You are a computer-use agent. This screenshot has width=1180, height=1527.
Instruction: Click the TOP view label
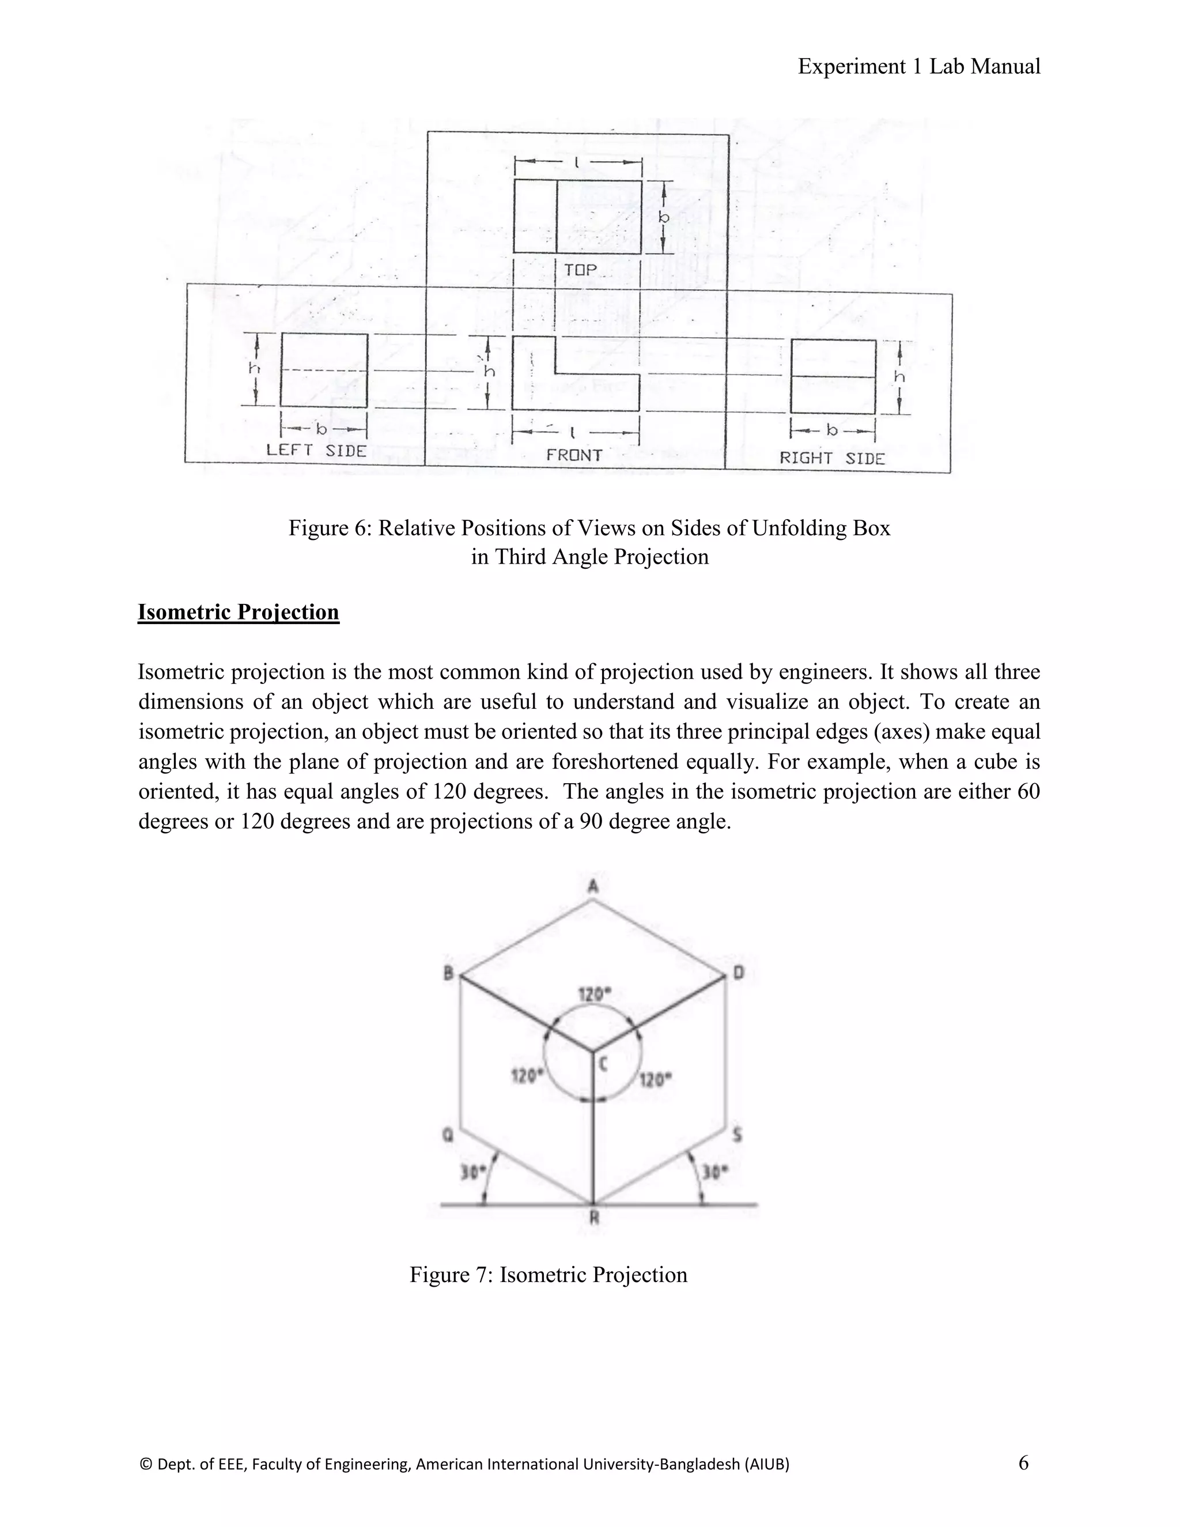(x=580, y=270)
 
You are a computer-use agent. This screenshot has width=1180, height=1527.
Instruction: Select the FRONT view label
(x=574, y=455)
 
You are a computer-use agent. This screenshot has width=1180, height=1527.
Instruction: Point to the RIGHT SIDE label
(x=832, y=459)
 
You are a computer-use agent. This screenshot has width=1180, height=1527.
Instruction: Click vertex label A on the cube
(x=593, y=887)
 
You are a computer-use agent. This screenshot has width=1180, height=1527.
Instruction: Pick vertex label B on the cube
(x=449, y=973)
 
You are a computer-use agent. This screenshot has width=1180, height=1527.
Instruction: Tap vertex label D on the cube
(x=739, y=973)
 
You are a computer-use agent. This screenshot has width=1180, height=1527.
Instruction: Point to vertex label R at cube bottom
(x=594, y=1218)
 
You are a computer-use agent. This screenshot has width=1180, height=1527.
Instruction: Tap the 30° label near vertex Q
(x=472, y=1173)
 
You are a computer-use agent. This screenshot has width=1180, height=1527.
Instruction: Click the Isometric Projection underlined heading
(x=239, y=612)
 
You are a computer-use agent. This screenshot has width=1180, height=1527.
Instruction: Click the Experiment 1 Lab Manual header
(x=918, y=66)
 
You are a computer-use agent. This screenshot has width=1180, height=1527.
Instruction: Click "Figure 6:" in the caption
(x=331, y=528)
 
